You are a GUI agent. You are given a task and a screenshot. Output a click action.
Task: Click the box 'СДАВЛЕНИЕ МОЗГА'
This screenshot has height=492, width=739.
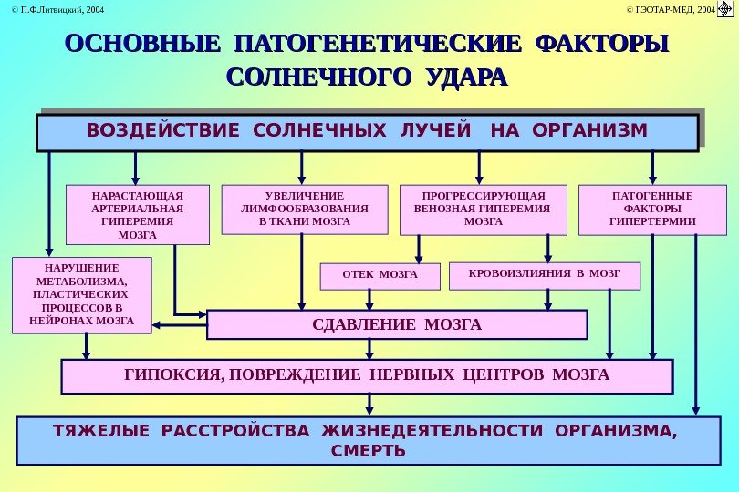tap(397, 324)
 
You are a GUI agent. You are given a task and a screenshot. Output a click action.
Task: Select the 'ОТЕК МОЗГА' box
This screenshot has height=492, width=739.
tap(380, 274)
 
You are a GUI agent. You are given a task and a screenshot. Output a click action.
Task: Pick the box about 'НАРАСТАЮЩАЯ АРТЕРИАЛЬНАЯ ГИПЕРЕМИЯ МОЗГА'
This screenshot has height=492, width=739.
tap(138, 215)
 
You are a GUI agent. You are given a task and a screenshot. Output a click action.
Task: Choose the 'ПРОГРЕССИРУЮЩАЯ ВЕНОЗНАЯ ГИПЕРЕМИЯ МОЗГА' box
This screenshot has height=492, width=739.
tap(484, 209)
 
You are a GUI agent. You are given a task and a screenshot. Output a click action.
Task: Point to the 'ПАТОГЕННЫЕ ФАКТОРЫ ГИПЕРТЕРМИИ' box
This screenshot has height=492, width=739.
tap(652, 210)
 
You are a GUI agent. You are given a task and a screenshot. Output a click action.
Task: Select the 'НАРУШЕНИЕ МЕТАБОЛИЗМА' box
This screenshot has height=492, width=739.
tap(82, 294)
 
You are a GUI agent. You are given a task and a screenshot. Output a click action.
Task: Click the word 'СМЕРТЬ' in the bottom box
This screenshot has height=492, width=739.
tap(369, 450)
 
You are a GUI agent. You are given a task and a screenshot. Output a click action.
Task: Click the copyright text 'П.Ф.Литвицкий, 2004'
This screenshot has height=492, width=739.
tap(53, 10)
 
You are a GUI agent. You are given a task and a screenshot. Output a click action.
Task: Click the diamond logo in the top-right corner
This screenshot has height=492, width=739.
tap(726, 11)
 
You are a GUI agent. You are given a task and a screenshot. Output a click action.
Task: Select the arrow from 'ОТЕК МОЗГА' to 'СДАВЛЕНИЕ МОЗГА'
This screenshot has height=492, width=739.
tap(369, 300)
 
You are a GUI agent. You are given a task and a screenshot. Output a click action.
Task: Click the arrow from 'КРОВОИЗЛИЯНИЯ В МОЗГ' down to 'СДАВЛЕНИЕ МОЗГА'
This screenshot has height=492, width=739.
tap(547, 300)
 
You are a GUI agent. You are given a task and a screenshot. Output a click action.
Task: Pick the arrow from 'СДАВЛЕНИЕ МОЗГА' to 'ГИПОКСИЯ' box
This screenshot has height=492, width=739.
tap(369, 349)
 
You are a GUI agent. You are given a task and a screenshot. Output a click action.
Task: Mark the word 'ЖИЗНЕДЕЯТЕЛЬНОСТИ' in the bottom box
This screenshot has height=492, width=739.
tap(393, 431)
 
